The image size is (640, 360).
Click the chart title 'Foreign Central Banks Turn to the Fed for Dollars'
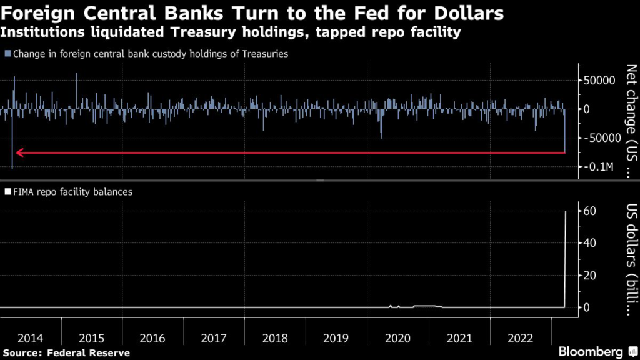[x=254, y=14]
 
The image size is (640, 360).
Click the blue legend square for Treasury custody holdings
[x=7, y=54]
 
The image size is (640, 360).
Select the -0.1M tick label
[x=601, y=167]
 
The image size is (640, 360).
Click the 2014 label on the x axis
[x=31, y=338]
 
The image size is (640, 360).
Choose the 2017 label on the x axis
[x=214, y=338]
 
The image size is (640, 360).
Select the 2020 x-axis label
[x=398, y=338]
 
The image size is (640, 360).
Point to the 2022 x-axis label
[x=521, y=338]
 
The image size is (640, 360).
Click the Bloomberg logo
[x=595, y=352]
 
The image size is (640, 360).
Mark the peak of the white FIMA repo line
[x=566, y=211]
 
